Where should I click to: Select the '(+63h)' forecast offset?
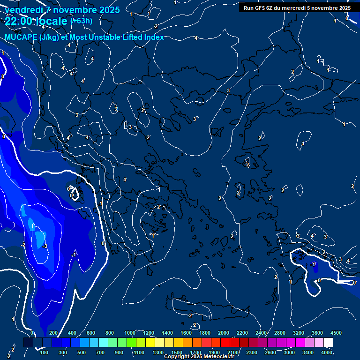click(x=82, y=21)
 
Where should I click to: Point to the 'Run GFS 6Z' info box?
click(x=297, y=8)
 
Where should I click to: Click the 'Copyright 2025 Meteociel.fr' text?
click(x=198, y=357)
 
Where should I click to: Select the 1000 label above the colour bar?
click(x=130, y=333)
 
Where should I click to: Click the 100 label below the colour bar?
click(x=45, y=352)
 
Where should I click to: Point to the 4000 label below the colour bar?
click(x=327, y=352)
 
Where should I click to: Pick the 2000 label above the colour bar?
click(x=224, y=333)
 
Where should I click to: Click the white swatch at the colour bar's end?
click(x=328, y=343)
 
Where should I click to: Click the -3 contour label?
click(x=45, y=247)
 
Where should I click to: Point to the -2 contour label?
click(x=22, y=245)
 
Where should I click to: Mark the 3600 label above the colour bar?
click(x=317, y=333)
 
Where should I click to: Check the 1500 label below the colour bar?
click(x=176, y=352)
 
